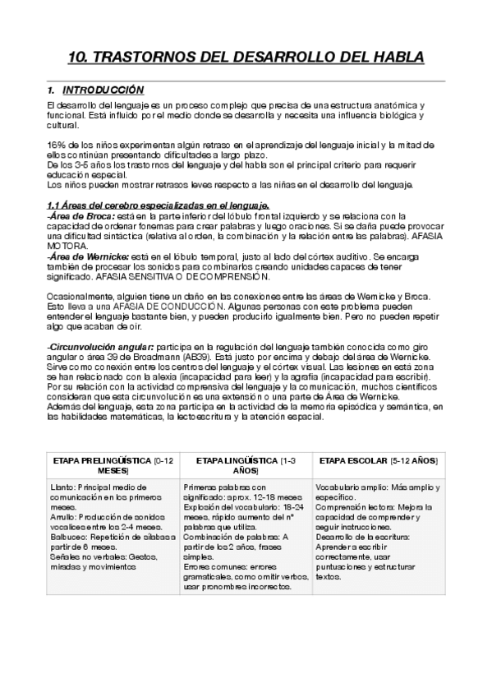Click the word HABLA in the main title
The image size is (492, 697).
[390, 58]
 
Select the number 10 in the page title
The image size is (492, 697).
[76, 58]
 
